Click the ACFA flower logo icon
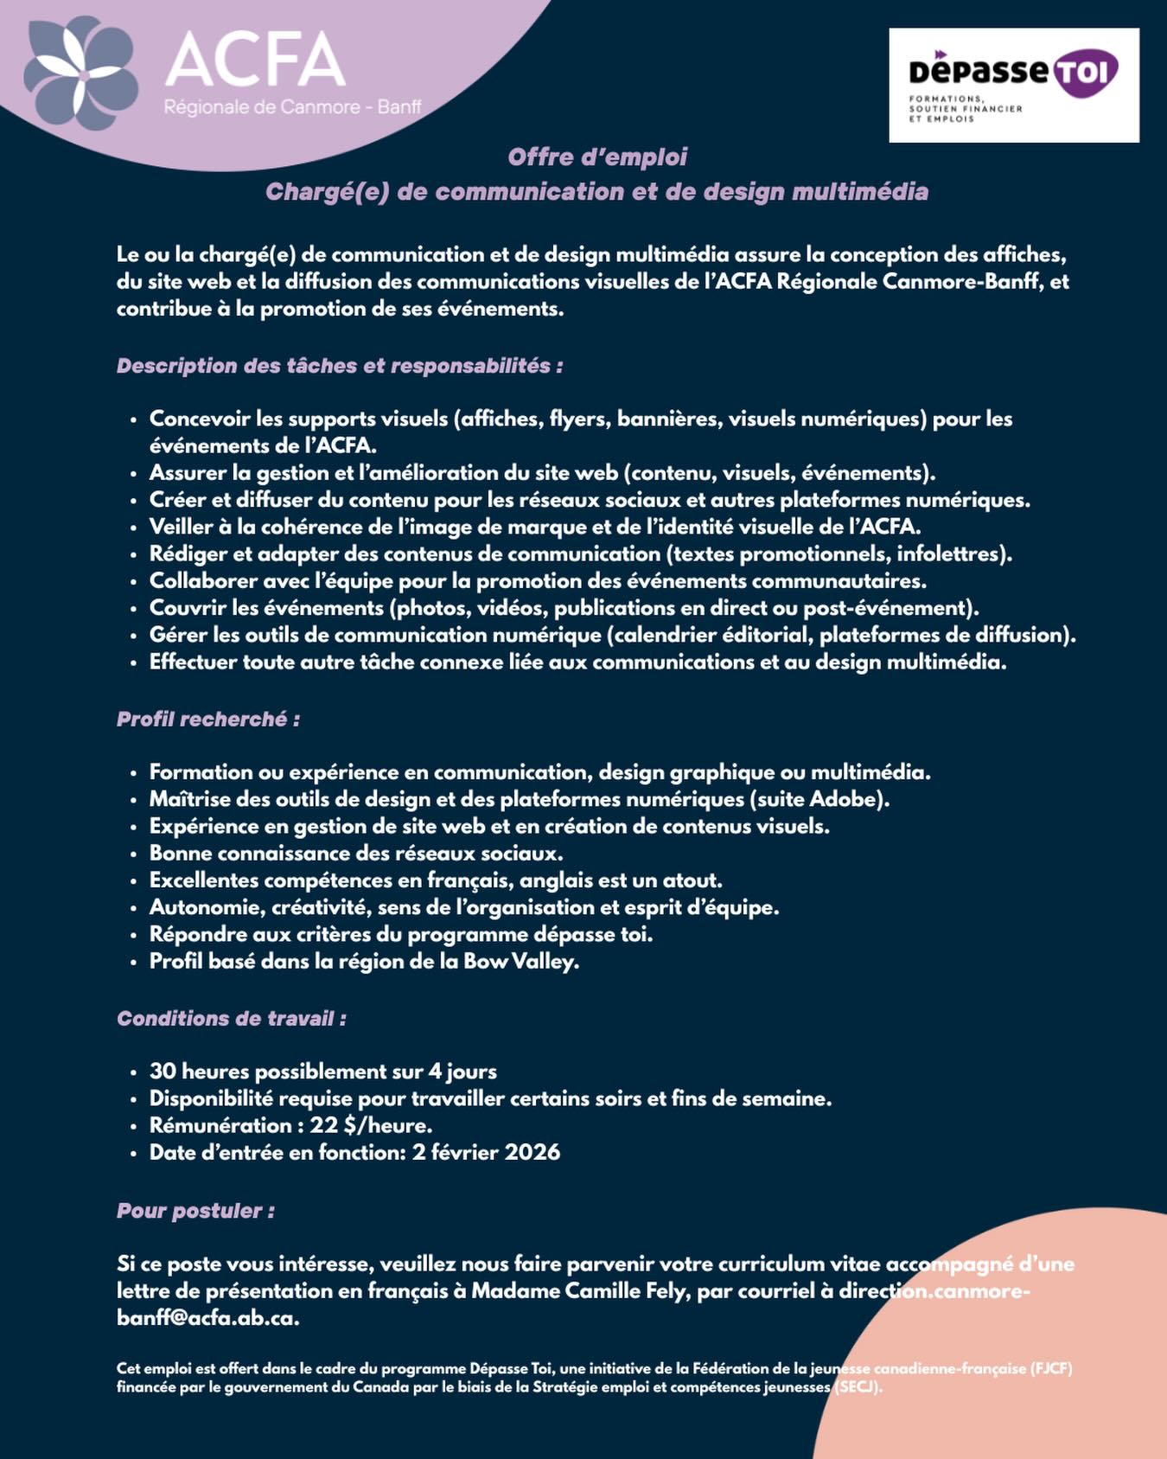(80, 74)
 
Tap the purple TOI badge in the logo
(1085, 73)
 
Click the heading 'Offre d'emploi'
(597, 157)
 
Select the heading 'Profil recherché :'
(208, 720)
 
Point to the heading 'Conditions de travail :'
(232, 1019)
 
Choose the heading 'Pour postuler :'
(195, 1211)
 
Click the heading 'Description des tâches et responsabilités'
(340, 366)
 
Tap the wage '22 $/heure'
(371, 1126)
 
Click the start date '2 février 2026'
(486, 1153)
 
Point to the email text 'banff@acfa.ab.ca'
(207, 1318)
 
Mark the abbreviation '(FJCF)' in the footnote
(1051, 1369)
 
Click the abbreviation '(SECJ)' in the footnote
(857, 1388)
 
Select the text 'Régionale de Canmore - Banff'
(293, 107)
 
